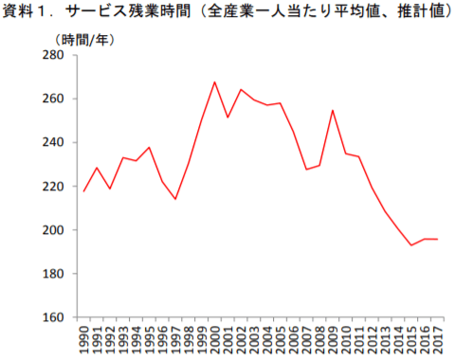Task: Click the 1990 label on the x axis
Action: click(x=83, y=338)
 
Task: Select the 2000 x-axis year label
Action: click(x=215, y=338)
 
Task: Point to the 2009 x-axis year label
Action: click(x=333, y=338)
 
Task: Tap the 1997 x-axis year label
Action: click(x=175, y=338)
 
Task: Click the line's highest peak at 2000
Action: click(x=215, y=81)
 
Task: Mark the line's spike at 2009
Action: click(x=333, y=110)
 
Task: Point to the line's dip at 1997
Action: click(x=175, y=199)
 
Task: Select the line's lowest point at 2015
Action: click(x=410, y=245)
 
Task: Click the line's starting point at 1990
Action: click(x=83, y=191)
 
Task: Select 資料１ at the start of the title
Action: click(x=27, y=14)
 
